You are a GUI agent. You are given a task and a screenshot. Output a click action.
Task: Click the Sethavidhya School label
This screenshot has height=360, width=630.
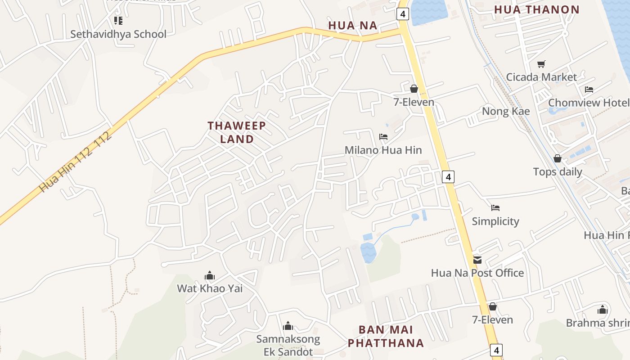tap(118, 34)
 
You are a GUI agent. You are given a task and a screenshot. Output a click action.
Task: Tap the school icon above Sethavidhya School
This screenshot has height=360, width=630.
tap(118, 21)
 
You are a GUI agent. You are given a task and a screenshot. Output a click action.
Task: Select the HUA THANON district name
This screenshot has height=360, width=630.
tap(537, 9)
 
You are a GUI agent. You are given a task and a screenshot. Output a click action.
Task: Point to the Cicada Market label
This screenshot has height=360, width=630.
tap(541, 77)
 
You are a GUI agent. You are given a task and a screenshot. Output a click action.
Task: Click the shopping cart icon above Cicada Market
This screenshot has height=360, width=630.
tap(541, 64)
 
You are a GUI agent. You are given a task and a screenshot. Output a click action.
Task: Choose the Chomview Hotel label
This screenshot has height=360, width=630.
tap(589, 103)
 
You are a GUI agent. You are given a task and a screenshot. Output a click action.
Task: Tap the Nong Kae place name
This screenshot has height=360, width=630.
tap(506, 111)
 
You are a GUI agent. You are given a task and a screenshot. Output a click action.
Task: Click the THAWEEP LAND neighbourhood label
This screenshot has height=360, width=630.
tap(237, 132)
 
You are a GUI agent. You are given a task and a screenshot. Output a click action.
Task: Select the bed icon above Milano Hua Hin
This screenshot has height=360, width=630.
tap(383, 136)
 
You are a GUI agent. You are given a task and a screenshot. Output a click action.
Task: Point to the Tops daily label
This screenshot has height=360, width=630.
tap(558, 171)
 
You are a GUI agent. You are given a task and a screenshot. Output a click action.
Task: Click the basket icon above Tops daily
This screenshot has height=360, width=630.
tap(558, 158)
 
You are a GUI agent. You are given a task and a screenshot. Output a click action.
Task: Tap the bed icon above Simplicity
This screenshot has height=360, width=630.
tap(495, 208)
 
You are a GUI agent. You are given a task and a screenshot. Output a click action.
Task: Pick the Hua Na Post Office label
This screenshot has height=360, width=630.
tap(477, 273)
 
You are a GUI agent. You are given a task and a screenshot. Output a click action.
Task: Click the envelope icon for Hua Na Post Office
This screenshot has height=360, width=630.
tap(477, 260)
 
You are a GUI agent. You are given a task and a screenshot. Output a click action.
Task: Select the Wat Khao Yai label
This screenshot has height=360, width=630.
tap(210, 288)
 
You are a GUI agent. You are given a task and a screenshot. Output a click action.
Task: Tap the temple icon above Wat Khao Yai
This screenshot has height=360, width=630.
tap(210, 275)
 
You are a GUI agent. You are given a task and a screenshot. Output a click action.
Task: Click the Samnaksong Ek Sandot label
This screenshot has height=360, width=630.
tap(288, 345)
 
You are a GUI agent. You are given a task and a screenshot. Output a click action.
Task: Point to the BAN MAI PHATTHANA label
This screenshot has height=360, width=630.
tap(386, 336)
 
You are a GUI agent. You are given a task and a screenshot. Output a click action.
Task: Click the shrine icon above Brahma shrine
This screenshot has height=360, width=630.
tap(603, 310)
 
